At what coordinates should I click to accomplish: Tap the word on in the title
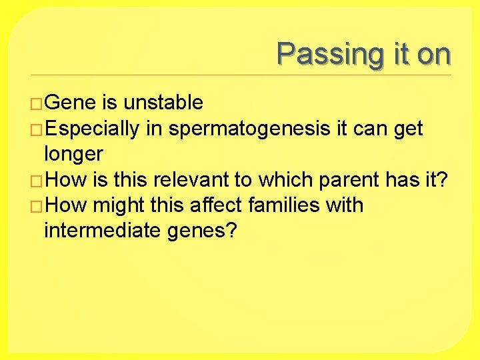coord(434,54)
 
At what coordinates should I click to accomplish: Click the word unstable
coord(163,103)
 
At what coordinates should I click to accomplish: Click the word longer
coord(73,154)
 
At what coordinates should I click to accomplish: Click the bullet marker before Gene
coord(37,103)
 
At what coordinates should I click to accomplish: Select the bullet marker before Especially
coord(37,129)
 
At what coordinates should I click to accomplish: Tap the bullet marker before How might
coord(37,206)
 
